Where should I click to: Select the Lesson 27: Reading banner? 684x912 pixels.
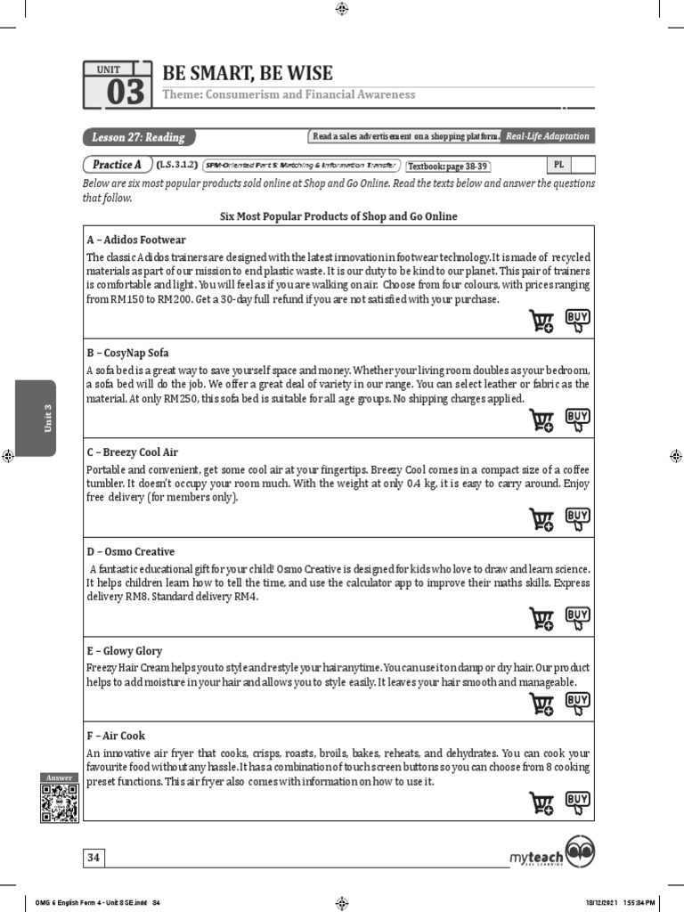[138, 137]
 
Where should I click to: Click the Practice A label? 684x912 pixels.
[117, 165]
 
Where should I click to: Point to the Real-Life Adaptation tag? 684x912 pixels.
[547, 136]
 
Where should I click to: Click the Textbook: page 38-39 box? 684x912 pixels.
[448, 166]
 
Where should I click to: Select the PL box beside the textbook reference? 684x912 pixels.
[558, 165]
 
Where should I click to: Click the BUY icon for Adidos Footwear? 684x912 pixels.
[578, 321]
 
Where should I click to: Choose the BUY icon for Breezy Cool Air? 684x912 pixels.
[578, 518]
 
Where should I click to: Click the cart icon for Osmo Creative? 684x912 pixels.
[541, 618]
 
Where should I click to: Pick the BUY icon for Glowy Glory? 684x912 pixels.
[578, 704]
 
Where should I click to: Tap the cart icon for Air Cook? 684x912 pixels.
[541, 803]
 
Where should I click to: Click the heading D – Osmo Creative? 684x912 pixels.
[130, 552]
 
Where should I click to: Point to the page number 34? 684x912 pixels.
[94, 858]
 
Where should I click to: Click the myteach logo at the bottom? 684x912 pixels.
[552, 856]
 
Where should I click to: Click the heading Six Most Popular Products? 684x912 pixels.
[338, 216]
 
